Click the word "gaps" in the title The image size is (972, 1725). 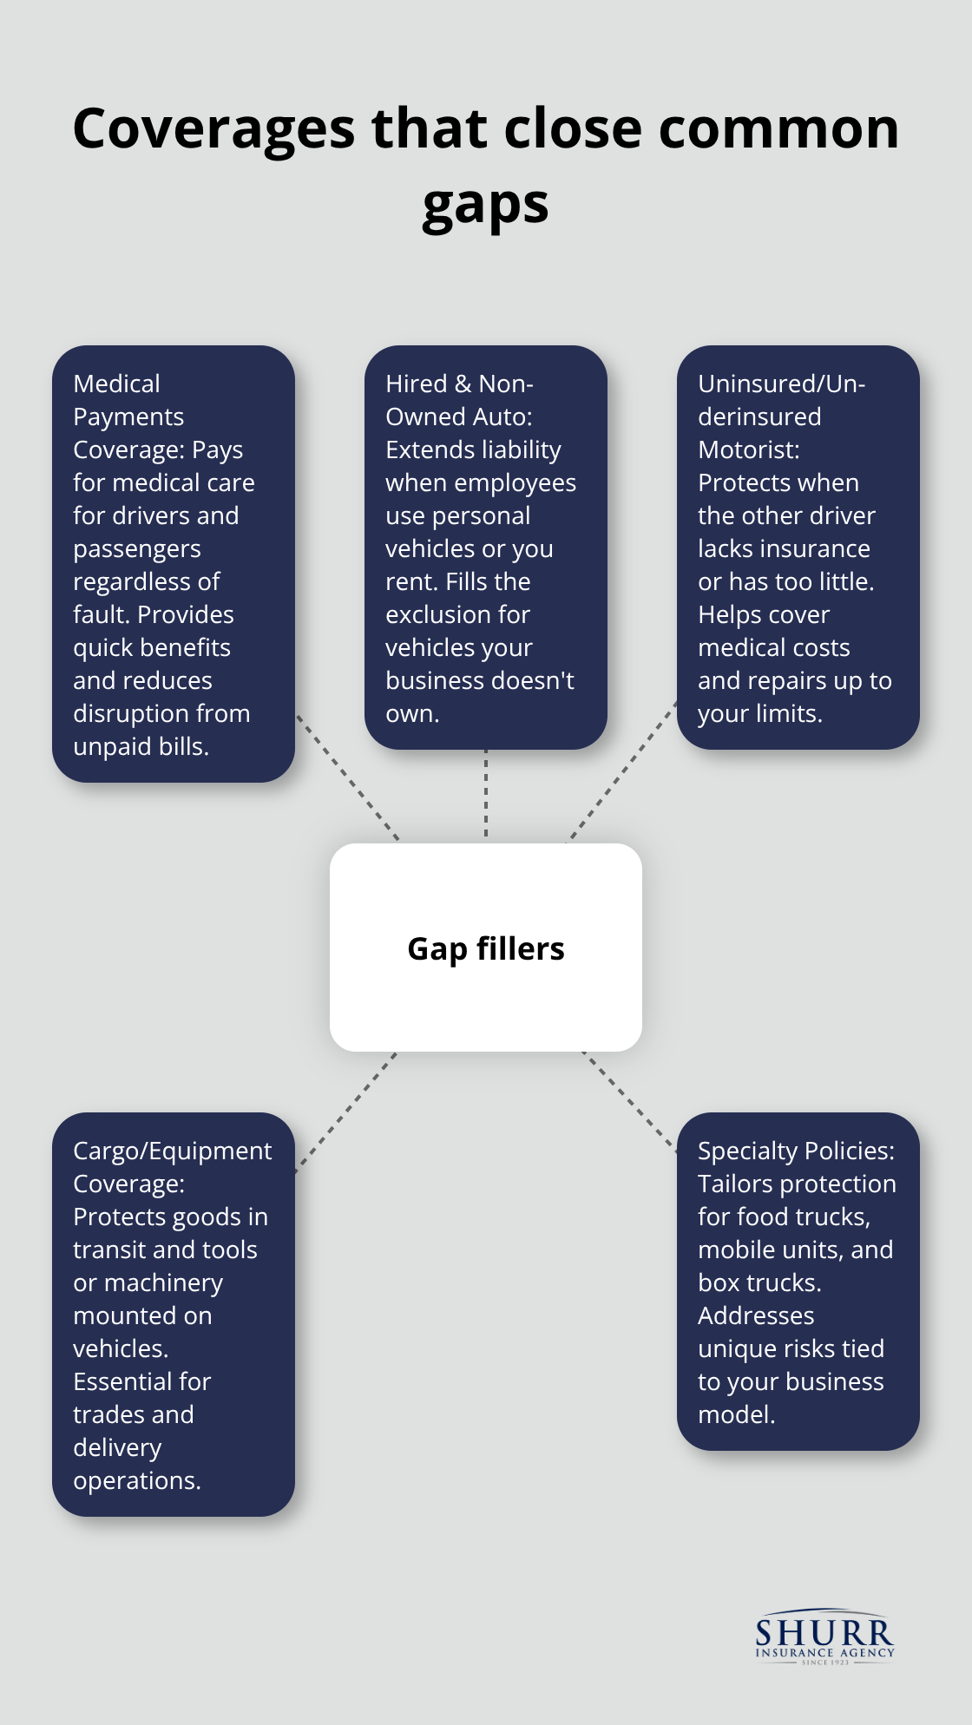pyautogui.click(x=485, y=207)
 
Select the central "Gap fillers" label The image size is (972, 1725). pyautogui.click(x=486, y=948)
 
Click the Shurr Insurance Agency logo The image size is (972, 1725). pyautogui.click(x=824, y=1638)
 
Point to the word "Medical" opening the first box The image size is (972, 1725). pyautogui.click(x=117, y=384)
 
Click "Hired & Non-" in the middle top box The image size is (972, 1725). pyautogui.click(x=459, y=384)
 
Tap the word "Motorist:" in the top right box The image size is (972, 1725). pyautogui.click(x=749, y=449)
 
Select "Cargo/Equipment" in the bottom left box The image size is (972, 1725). pyautogui.click(x=172, y=1151)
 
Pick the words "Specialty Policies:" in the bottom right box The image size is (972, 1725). pyautogui.click(x=796, y=1151)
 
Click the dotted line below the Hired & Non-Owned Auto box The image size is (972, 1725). pyautogui.click(x=486, y=795)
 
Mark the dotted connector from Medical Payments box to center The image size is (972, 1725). pyautogui.click(x=347, y=777)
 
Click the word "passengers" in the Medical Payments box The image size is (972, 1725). pyautogui.click(x=137, y=548)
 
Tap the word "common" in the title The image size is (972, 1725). pyautogui.click(x=778, y=128)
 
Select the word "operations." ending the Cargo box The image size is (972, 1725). pyautogui.click(x=137, y=1480)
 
